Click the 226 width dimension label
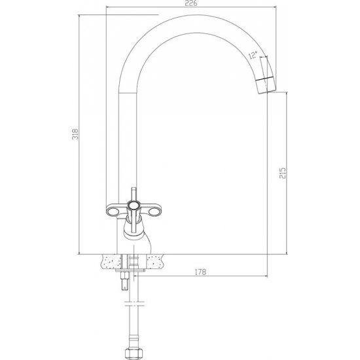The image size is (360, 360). [191, 3]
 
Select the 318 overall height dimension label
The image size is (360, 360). [75, 134]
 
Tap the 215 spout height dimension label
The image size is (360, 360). [283, 173]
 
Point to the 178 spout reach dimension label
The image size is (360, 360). [200, 272]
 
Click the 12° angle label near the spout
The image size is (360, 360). [253, 55]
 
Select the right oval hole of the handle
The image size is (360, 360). [154, 212]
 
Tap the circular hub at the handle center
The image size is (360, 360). [134, 205]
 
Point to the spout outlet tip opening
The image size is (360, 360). [268, 92]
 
